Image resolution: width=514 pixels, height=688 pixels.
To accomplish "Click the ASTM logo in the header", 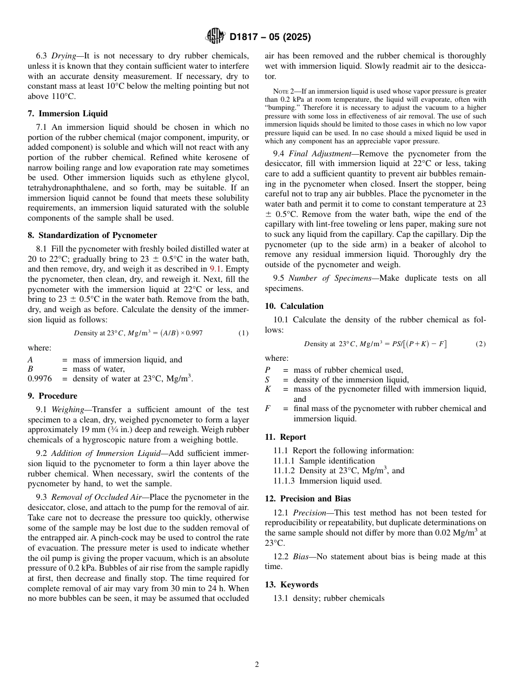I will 215,37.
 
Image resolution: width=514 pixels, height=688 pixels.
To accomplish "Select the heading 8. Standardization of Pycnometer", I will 93,235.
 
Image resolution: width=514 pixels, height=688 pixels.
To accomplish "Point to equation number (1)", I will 243,333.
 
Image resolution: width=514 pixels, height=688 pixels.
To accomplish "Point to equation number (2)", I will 480,344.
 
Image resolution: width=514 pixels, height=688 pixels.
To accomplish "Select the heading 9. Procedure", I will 52,396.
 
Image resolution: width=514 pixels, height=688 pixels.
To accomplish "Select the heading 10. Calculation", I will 294,306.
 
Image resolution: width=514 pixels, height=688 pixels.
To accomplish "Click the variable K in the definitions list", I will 268,389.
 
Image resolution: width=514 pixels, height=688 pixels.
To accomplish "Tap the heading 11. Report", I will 286,437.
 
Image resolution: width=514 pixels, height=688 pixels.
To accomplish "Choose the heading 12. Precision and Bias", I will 308,499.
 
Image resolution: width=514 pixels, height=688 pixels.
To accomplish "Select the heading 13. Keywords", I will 292,585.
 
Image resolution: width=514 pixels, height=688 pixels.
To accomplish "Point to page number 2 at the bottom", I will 257,665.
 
